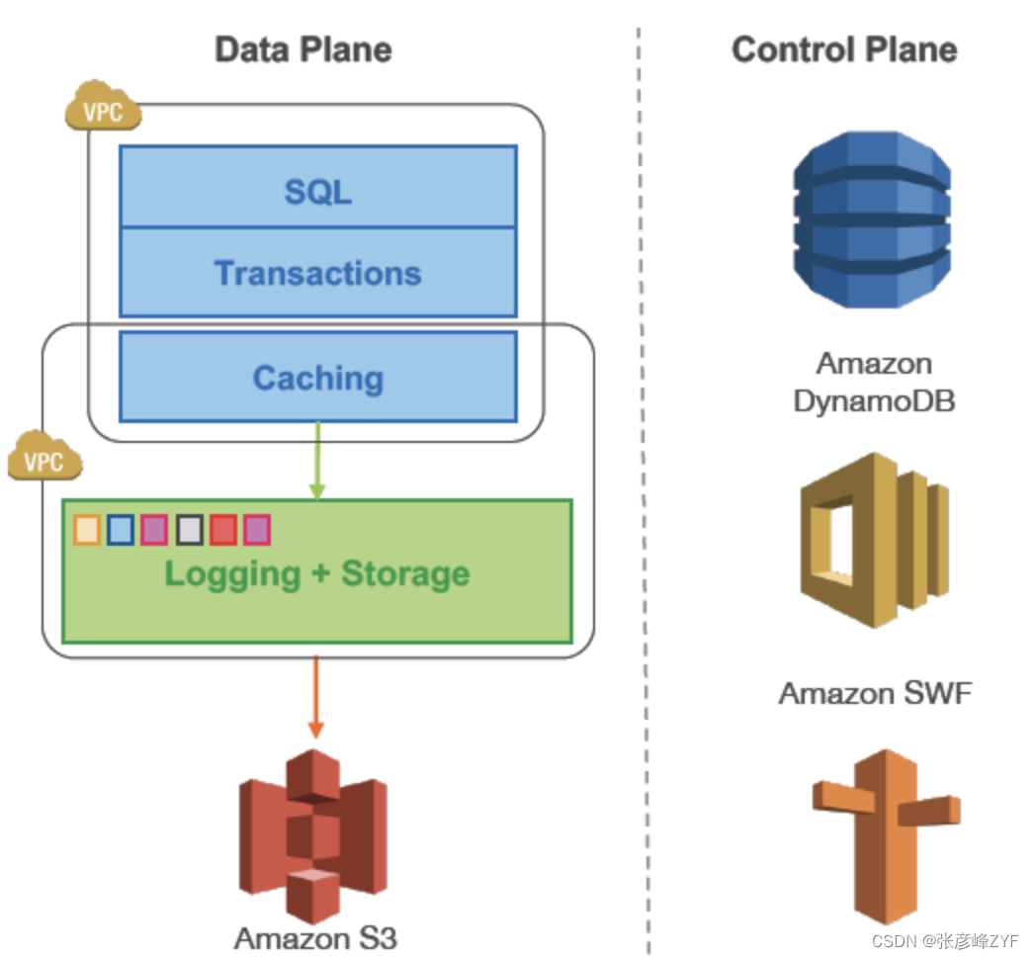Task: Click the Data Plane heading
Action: pyautogui.click(x=302, y=49)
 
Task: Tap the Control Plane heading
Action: pyautogui.click(x=843, y=49)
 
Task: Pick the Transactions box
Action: pyautogui.click(x=317, y=273)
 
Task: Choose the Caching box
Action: pyautogui.click(x=317, y=377)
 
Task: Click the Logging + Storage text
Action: pyautogui.click(x=317, y=574)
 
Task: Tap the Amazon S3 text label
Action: pyautogui.click(x=315, y=937)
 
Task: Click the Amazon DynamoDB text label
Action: pyautogui.click(x=874, y=383)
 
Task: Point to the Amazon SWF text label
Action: pyautogui.click(x=875, y=693)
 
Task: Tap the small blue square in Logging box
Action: pyautogui.click(x=121, y=530)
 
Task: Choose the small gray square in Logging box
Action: pyautogui.click(x=189, y=530)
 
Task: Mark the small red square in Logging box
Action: pyautogui.click(x=223, y=530)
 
